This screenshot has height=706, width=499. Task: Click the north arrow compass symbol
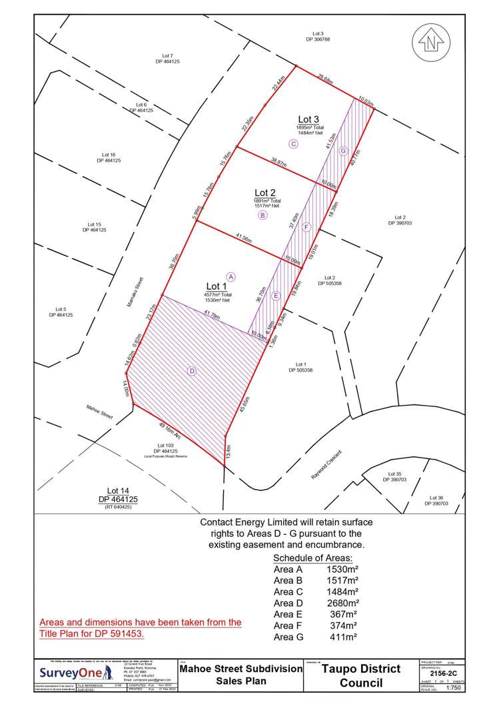(431, 42)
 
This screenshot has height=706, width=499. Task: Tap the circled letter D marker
(192, 372)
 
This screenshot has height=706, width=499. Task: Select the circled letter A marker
(231, 276)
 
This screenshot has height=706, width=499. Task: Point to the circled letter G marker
(343, 151)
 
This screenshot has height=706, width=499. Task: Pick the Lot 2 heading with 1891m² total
(266, 193)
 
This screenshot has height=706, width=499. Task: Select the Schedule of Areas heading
(312, 558)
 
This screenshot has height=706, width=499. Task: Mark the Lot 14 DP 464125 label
(118, 496)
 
